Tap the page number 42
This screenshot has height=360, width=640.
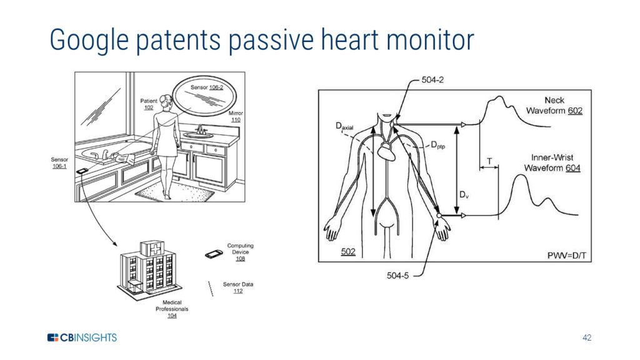tap(586, 338)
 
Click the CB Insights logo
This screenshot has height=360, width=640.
tap(82, 338)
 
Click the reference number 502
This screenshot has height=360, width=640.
tap(348, 251)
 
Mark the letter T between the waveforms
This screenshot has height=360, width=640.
tap(489, 161)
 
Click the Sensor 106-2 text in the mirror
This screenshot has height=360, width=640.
tap(207, 87)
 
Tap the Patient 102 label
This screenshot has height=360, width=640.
tap(148, 104)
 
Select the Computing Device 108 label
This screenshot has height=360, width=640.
tap(240, 252)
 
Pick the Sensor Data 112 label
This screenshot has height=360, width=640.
tap(237, 287)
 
